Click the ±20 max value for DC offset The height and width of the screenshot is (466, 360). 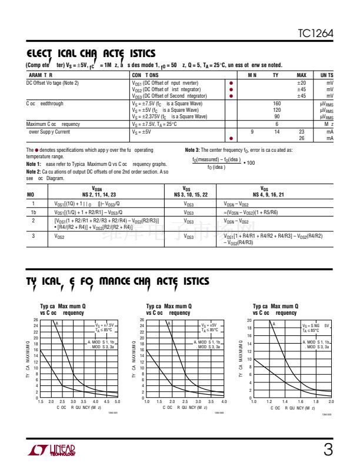point(301,83)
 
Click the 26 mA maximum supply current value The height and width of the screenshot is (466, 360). point(302,138)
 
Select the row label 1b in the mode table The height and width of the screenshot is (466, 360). point(34,212)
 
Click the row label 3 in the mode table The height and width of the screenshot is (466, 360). point(34,236)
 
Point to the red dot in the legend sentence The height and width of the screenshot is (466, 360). point(38,151)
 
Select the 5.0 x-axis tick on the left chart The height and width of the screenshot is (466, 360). point(117,401)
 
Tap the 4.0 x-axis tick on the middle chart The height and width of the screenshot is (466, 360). point(224,401)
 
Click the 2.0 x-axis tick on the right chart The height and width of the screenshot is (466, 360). point(331,401)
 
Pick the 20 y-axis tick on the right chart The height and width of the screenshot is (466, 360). point(249,320)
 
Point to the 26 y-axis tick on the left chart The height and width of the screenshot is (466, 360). point(36,320)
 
